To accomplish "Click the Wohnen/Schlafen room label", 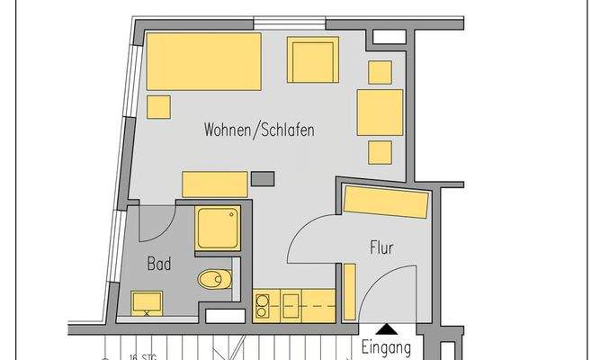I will [259, 130].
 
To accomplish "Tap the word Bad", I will [159, 265].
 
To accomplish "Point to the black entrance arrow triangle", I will [386, 330].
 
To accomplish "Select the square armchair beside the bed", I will [313, 59].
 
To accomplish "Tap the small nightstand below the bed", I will [159, 107].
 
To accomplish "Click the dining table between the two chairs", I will [380, 112].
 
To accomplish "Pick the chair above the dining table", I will [380, 72].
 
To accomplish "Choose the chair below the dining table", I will [380, 152].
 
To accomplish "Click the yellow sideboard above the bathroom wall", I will [214, 184].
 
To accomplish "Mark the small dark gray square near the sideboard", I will [263, 177].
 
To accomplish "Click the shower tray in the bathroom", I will [218, 229].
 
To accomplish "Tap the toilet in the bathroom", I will [214, 279].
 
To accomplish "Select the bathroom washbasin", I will [148, 302].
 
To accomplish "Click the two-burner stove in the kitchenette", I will [263, 306].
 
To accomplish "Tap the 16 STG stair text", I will [139, 356].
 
